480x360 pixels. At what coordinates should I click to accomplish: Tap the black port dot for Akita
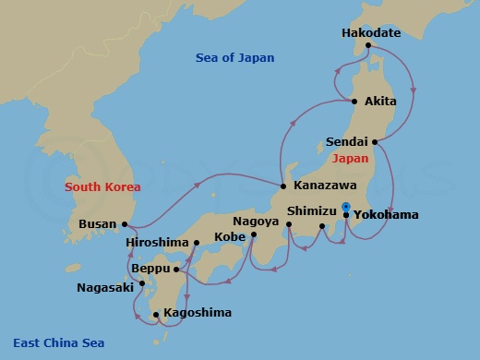coord(354,101)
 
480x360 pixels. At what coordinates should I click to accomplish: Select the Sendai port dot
coord(374,142)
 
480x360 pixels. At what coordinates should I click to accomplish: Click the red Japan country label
coord(349,158)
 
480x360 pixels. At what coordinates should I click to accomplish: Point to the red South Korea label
coord(102,187)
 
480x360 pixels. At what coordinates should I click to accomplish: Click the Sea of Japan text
coord(235,58)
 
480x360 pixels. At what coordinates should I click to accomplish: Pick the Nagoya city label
coord(256,222)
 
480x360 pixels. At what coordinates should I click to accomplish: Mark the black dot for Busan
coord(125,223)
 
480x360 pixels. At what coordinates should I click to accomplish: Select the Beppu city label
coord(150,270)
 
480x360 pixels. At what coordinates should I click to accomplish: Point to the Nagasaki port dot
coord(142,284)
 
